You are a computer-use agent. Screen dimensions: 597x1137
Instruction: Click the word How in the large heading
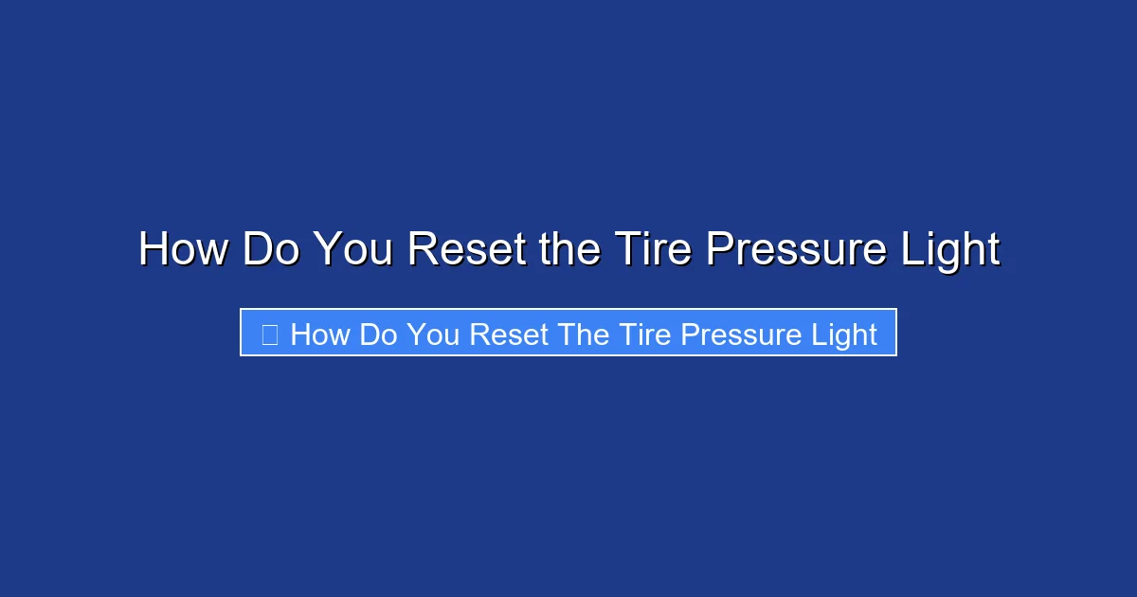coord(183,250)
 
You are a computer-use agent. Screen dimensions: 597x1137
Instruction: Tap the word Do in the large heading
coord(270,250)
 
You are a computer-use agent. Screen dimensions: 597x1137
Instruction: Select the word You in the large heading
coord(353,250)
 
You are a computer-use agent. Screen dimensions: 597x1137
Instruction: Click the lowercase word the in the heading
coord(568,250)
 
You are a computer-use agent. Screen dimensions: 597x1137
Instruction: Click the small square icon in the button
coord(269,334)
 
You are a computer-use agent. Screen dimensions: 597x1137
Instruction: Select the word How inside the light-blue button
coord(320,335)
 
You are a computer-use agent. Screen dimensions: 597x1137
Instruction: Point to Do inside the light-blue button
coord(379,335)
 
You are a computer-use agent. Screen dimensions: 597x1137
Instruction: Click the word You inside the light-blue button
coord(435,335)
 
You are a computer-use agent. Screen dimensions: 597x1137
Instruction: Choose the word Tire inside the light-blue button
coord(644,335)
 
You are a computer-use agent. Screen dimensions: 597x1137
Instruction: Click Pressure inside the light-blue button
coord(745,335)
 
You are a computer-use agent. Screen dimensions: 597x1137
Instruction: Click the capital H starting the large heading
coord(153,250)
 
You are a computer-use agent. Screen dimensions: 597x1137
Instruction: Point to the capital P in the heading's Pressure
coord(718,250)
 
